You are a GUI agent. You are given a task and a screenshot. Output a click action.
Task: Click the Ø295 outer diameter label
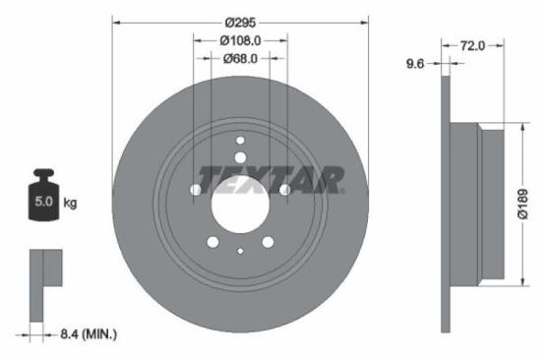click(240, 22)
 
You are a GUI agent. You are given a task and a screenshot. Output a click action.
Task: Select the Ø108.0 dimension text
click(240, 40)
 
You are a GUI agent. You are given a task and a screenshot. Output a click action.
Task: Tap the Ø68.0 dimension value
click(240, 58)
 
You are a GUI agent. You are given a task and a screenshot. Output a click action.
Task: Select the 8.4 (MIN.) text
click(87, 334)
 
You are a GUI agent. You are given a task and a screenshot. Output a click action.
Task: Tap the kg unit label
click(71, 204)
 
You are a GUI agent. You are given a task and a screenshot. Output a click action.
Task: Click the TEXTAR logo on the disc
click(270, 180)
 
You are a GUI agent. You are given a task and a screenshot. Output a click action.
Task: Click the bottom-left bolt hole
click(212, 243)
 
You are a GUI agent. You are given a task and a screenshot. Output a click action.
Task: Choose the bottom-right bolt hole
click(268, 243)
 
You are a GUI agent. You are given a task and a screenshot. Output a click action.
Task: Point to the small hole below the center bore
click(240, 252)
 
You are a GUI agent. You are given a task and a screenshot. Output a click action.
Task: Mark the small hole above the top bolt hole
click(240, 142)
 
